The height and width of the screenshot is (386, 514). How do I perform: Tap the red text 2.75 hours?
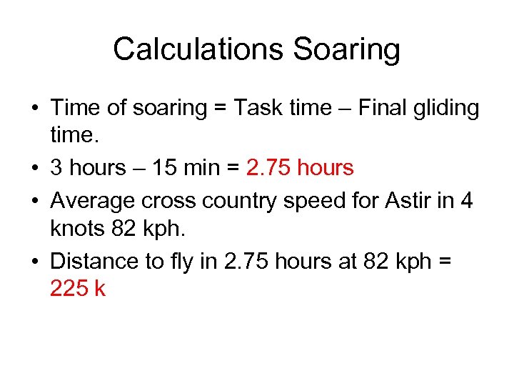(x=300, y=169)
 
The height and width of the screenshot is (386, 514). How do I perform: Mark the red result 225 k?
(x=78, y=289)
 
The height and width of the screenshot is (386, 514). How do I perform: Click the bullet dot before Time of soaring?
(x=34, y=109)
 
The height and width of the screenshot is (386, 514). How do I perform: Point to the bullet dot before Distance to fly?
(x=34, y=262)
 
